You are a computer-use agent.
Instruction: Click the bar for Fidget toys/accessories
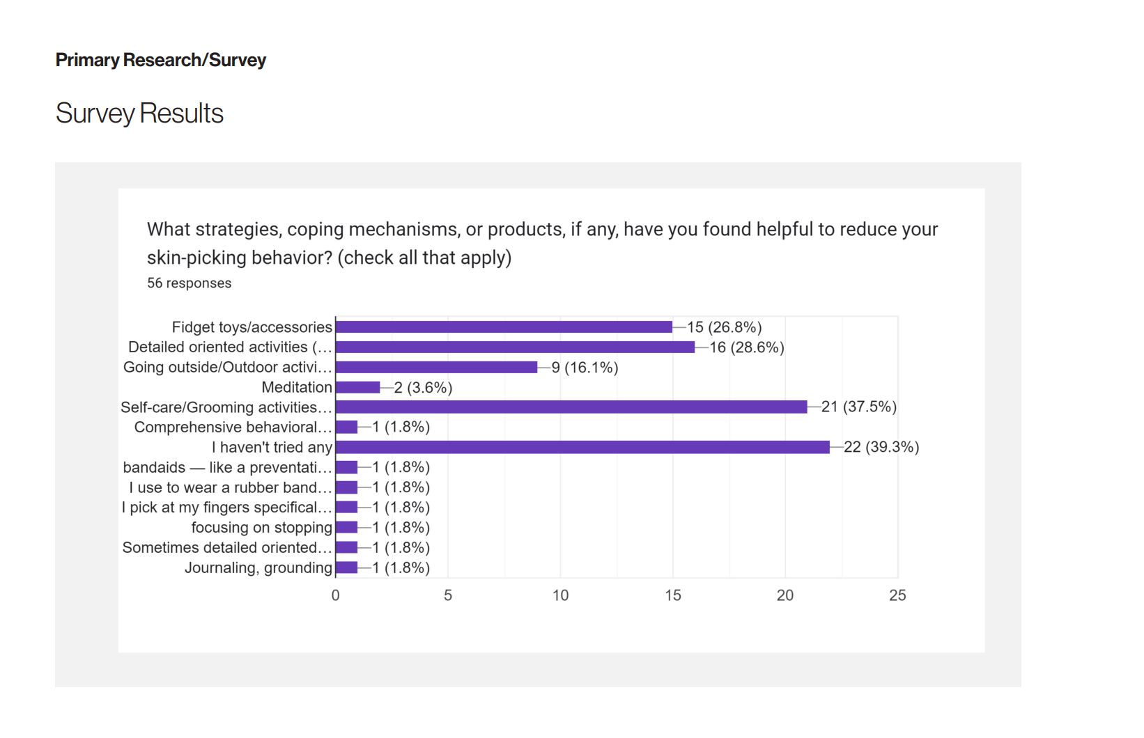[x=504, y=327]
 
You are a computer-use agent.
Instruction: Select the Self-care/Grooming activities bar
[x=571, y=407]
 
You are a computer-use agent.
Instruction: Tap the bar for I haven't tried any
[x=582, y=447]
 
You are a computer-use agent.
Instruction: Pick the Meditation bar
[x=358, y=388]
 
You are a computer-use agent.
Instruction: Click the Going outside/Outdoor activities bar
[x=437, y=368]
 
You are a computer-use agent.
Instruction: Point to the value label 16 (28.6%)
[x=746, y=347]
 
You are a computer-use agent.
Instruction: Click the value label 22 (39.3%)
[x=881, y=447]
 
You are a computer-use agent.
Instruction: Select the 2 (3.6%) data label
[x=423, y=388]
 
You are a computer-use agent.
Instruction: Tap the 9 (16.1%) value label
[x=585, y=368]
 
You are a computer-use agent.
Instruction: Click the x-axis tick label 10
[x=560, y=596]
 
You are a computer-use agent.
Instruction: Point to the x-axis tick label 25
[x=897, y=596]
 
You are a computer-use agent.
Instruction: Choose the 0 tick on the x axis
[x=336, y=596]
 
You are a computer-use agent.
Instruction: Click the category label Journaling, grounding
[x=258, y=568]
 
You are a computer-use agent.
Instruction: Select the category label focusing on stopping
[x=262, y=528]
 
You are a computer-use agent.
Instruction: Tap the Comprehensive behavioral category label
[x=233, y=427]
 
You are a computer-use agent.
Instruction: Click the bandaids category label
[x=227, y=468]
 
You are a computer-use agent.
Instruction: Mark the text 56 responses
[x=190, y=283]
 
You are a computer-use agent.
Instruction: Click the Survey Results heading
[x=139, y=113]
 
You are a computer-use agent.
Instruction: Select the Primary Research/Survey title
[x=161, y=61]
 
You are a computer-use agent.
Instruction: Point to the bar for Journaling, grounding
[x=347, y=568]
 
